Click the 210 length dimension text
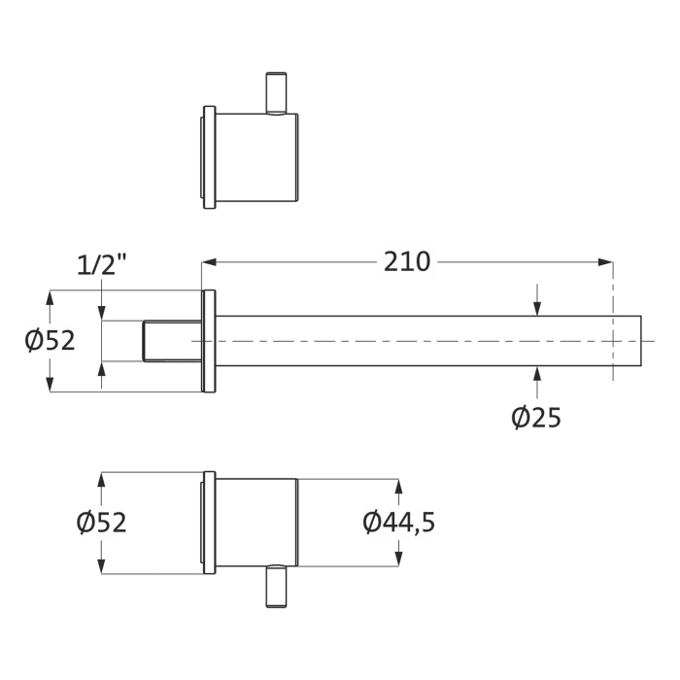pyautogui.click(x=407, y=262)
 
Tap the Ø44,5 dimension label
pyautogui.click(x=399, y=523)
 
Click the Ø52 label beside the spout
pyautogui.click(x=50, y=341)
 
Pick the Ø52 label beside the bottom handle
pyautogui.click(x=102, y=523)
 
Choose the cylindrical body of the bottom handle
pyautogui.click(x=255, y=523)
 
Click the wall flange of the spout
pyautogui.click(x=208, y=341)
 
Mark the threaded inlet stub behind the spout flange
pyautogui.click(x=172, y=341)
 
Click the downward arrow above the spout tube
pyautogui.click(x=537, y=307)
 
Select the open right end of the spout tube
pyautogui.click(x=641, y=341)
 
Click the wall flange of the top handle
pyautogui.click(x=207, y=156)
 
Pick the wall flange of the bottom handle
pyautogui.click(x=207, y=523)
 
